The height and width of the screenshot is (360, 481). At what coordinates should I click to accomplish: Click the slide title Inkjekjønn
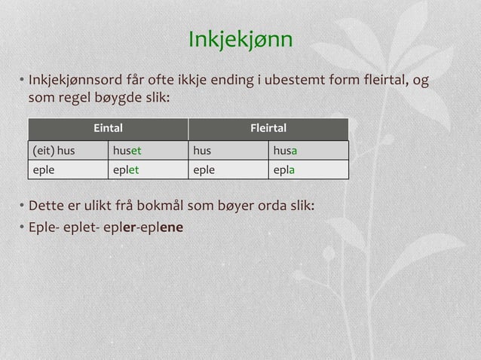pyautogui.click(x=240, y=38)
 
